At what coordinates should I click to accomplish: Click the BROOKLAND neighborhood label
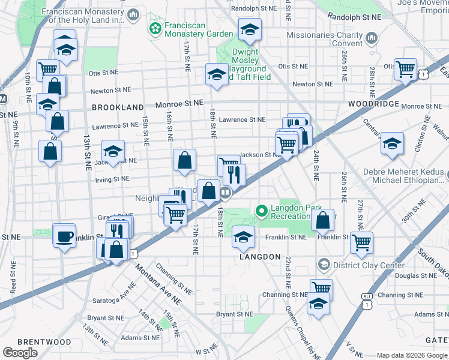tap(117, 107)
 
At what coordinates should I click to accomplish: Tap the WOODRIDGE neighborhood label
tap(374, 104)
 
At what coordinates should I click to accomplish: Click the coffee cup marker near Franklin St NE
tap(64, 236)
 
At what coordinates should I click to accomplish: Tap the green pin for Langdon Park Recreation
tap(261, 211)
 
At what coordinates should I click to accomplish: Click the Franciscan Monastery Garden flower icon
tap(155, 28)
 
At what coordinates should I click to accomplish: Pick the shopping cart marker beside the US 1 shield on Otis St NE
tap(405, 69)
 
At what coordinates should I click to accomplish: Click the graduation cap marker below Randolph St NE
tap(250, 29)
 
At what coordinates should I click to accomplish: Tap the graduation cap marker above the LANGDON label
tap(243, 237)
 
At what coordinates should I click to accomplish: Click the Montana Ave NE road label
tap(158, 283)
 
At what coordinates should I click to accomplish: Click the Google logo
tap(20, 353)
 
